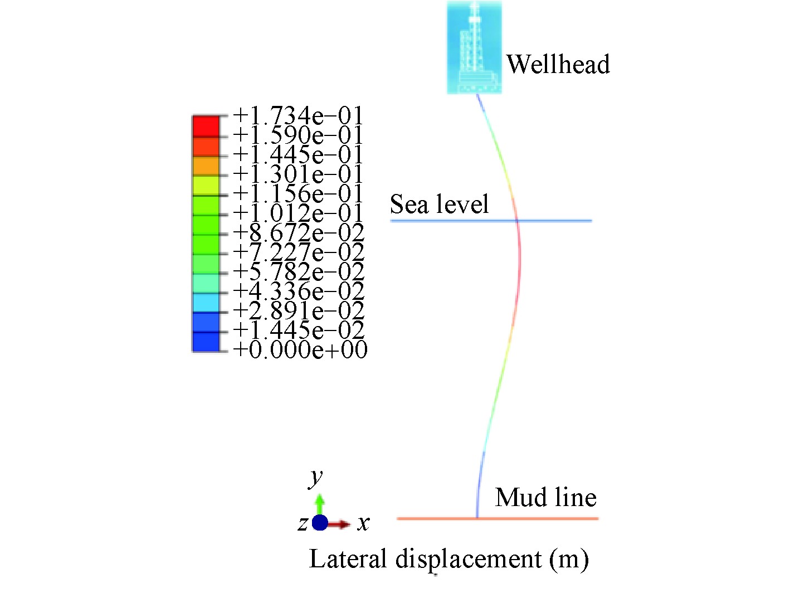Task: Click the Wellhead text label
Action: click(558, 64)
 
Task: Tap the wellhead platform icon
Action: click(474, 47)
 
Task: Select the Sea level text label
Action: click(439, 204)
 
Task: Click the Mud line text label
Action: click(545, 497)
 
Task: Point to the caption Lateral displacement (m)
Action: click(448, 559)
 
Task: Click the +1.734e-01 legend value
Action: click(298, 115)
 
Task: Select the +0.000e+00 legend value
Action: click(300, 350)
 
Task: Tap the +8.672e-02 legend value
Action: click(299, 233)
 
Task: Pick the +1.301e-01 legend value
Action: click(298, 174)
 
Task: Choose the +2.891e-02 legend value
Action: click(299, 311)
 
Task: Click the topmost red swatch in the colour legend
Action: click(206, 126)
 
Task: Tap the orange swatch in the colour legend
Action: click(206, 166)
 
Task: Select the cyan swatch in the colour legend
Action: click(206, 303)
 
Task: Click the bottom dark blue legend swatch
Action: click(206, 342)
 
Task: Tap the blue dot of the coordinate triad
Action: click(320, 523)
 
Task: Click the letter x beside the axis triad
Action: click(363, 523)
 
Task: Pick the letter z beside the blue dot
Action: click(303, 524)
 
